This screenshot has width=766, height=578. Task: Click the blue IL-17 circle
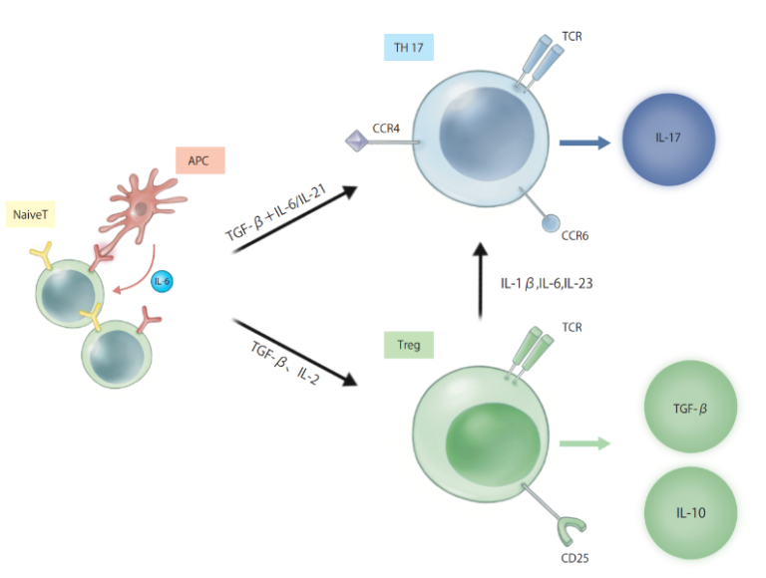coord(668,140)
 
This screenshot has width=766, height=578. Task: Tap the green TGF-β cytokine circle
coord(690,407)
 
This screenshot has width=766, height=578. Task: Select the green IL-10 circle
coord(690,512)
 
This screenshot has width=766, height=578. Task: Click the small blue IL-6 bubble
coord(162,282)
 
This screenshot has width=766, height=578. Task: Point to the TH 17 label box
coord(408,48)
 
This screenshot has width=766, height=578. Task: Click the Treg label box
coord(408,345)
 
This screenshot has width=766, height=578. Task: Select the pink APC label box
coord(200,160)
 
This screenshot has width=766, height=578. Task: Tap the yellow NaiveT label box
coord(30,214)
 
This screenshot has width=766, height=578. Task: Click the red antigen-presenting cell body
coord(141,207)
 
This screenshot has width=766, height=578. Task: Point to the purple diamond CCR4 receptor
coord(357,141)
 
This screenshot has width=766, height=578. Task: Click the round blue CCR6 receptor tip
coord(551,223)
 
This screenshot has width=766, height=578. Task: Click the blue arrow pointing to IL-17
coord(584,143)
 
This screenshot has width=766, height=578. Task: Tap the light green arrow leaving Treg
coord(584,443)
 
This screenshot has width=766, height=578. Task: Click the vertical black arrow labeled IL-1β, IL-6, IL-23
coord(481,281)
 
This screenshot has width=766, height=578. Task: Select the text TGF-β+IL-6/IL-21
coord(275,213)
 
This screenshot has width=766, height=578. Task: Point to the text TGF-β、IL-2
coord(285,362)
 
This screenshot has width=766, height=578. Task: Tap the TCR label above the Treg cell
coord(573,327)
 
